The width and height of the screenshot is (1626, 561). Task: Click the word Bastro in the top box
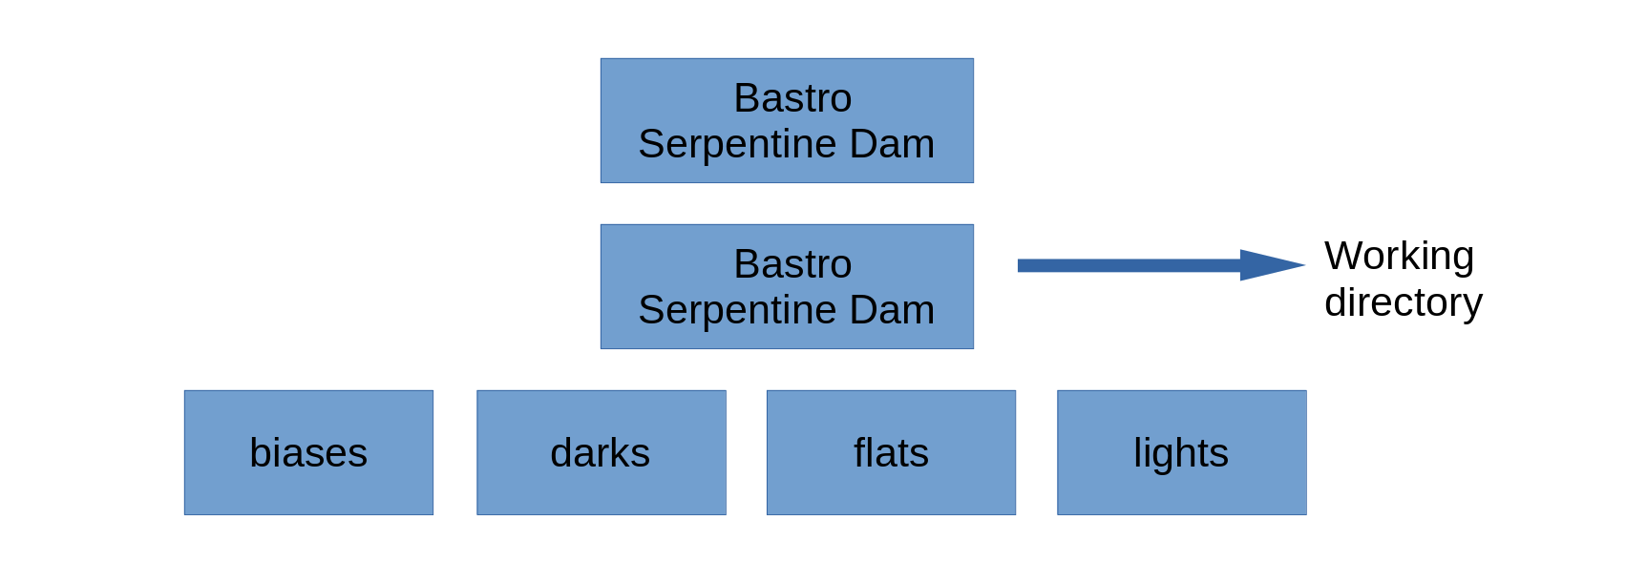[792, 98]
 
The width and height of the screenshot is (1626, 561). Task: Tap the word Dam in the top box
[892, 144]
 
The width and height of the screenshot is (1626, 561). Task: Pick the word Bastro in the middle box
[792, 264]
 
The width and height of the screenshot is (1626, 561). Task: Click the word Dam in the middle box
[892, 310]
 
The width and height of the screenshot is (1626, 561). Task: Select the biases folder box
[308, 453]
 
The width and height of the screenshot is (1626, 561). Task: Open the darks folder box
[602, 453]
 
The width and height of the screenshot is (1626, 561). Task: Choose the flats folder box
[892, 453]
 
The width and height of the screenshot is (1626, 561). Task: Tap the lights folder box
[1182, 453]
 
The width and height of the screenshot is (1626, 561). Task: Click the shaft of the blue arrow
[1130, 265]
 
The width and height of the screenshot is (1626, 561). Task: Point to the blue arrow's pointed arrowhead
[1304, 265]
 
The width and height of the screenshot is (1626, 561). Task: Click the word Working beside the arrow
[1400, 257]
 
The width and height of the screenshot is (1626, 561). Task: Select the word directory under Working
[1404, 302]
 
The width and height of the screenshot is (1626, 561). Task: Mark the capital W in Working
[1345, 257]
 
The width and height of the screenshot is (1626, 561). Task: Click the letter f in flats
[861, 453]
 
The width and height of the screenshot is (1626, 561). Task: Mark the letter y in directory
[1473, 308]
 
